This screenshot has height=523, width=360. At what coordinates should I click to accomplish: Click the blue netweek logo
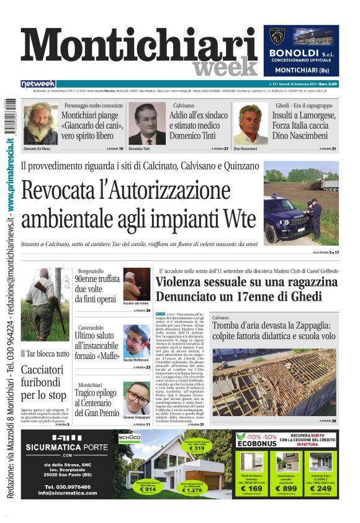(x=38, y=84)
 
